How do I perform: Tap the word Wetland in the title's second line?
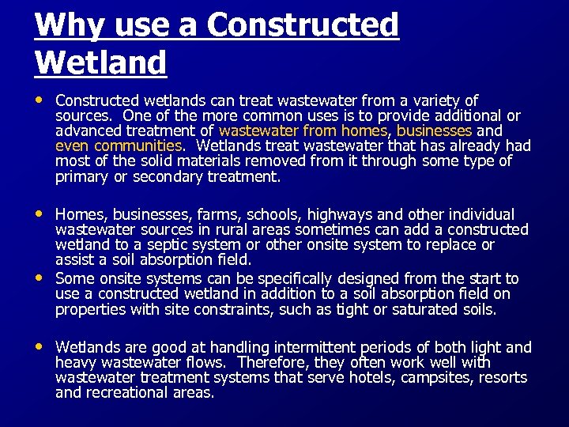click(100, 62)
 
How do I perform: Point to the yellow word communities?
click(138, 146)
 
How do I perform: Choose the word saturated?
click(424, 309)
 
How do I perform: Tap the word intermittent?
click(315, 347)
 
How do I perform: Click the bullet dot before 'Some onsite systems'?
click(40, 278)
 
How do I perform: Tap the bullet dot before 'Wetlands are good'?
click(40, 347)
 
